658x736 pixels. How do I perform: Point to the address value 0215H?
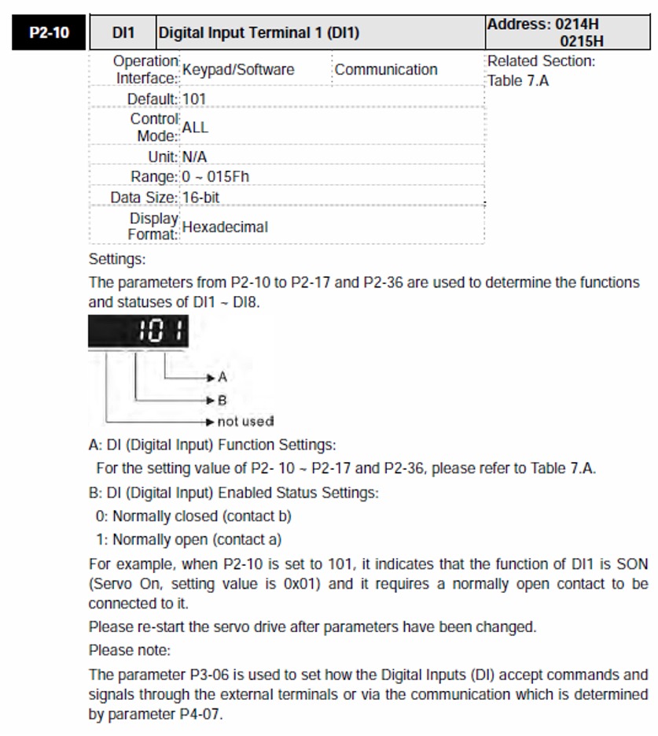(x=581, y=41)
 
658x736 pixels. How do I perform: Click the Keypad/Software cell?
(x=238, y=69)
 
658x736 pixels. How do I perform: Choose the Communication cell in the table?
(x=386, y=69)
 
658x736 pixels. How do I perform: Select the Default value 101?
(x=194, y=99)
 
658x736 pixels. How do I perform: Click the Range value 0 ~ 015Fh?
(x=215, y=176)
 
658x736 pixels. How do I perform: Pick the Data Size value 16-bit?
(x=200, y=197)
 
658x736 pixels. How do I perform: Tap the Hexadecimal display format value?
(x=225, y=227)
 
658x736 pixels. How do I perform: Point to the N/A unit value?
(x=194, y=157)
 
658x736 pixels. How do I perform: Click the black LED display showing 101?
(x=138, y=332)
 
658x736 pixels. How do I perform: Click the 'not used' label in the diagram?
(x=245, y=421)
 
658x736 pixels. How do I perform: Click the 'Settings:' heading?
(x=117, y=258)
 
